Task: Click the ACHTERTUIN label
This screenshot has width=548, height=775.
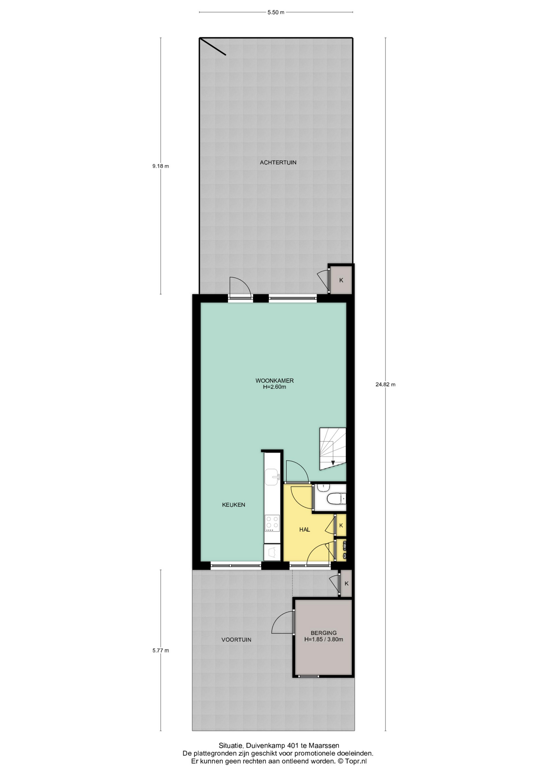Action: pos(278,163)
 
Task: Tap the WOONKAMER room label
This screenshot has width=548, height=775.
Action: pos(274,381)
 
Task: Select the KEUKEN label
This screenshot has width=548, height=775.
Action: pos(234,505)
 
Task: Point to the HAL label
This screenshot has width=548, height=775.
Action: pos(305,530)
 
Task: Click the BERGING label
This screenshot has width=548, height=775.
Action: pos(324,633)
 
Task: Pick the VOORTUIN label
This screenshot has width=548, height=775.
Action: pos(236,640)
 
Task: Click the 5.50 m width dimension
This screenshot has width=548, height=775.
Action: pos(276,13)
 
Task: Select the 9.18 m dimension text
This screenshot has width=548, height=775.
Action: pos(161,166)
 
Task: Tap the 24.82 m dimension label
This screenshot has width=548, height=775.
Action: pos(385,385)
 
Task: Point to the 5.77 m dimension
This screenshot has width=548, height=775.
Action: pos(161,650)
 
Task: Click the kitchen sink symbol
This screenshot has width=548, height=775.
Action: pos(272,476)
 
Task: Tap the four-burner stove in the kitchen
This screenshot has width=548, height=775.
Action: pos(272,524)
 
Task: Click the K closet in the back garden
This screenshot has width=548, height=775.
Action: pos(341,280)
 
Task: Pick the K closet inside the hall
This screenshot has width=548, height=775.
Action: pos(341,526)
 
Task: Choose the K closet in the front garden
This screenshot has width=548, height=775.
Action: pos(346,583)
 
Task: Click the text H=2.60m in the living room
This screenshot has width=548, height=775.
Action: pos(274,387)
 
